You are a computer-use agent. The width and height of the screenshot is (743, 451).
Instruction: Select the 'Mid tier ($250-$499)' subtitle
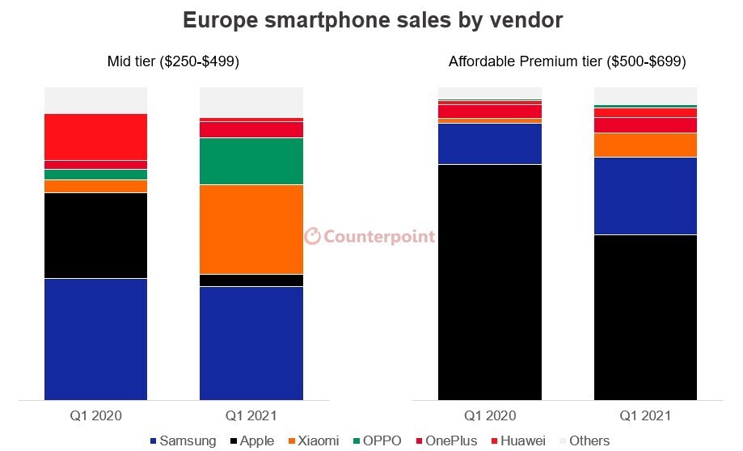click(173, 61)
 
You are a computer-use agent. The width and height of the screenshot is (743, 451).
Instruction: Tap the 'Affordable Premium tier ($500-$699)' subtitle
click(568, 61)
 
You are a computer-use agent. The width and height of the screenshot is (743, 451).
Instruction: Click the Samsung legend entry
click(183, 441)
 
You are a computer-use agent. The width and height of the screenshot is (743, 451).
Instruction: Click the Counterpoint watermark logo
click(369, 236)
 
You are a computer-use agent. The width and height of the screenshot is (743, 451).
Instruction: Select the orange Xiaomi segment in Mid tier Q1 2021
click(251, 229)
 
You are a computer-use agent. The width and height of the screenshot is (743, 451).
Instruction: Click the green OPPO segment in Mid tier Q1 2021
click(251, 161)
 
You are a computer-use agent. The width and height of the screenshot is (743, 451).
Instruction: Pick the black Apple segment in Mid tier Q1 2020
click(95, 235)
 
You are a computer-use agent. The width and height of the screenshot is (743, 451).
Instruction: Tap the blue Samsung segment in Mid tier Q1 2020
click(95, 339)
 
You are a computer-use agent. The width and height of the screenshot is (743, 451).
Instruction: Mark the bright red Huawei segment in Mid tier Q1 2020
click(95, 137)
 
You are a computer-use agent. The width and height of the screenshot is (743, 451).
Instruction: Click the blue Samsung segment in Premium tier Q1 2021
click(645, 196)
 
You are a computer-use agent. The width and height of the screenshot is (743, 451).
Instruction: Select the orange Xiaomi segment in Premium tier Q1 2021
click(645, 145)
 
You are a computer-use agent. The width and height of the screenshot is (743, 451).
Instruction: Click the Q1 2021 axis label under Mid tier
click(251, 416)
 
